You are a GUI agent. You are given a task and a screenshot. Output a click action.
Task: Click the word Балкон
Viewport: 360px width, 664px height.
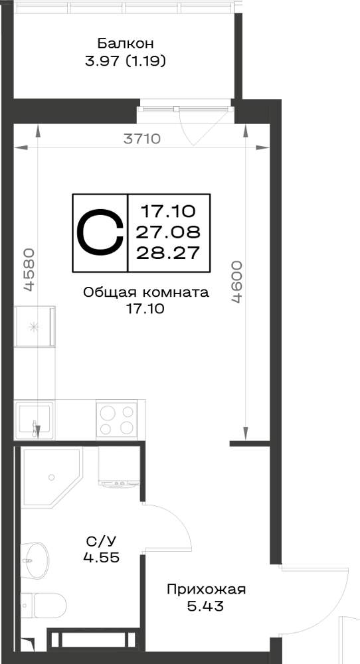pyautogui.click(x=126, y=44)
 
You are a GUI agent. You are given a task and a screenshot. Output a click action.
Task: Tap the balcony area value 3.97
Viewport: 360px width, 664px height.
pyautogui.click(x=100, y=62)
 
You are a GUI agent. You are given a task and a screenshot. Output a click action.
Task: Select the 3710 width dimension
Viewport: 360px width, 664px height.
pyautogui.click(x=142, y=139)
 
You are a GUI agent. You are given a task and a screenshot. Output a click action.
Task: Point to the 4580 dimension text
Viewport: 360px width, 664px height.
pyautogui.click(x=29, y=270)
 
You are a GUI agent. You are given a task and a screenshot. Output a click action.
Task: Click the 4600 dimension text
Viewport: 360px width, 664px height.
pyautogui.click(x=236, y=282)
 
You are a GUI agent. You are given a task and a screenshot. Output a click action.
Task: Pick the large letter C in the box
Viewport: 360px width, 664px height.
pyautogui.click(x=100, y=232)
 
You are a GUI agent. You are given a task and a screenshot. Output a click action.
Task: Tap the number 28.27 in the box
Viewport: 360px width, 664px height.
pyautogui.click(x=168, y=253)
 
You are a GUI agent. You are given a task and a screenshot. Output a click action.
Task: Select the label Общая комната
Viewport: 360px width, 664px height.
pyautogui.click(x=146, y=293)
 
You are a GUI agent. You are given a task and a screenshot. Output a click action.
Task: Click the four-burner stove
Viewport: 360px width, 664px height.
pyautogui.click(x=116, y=419)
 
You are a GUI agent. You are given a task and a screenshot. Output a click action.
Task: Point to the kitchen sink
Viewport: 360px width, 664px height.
pyautogui.click(x=34, y=420)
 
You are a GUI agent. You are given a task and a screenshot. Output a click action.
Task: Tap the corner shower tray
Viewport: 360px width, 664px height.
pyautogui.click(x=52, y=477)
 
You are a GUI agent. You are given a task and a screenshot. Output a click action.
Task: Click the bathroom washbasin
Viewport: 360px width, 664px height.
pyautogui.click(x=35, y=560)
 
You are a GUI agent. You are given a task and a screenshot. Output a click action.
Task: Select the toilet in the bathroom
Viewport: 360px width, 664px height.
pyautogui.click(x=43, y=605)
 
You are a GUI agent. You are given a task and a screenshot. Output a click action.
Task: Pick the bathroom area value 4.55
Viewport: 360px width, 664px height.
pyautogui.click(x=101, y=557)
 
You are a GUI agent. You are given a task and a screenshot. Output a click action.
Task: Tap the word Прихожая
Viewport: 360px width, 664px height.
pyautogui.click(x=207, y=590)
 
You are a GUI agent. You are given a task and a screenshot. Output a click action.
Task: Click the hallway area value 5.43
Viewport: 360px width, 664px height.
pyautogui.click(x=205, y=606)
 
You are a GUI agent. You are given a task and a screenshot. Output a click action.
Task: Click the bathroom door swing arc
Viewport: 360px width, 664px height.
pyautogui.click(x=178, y=517)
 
